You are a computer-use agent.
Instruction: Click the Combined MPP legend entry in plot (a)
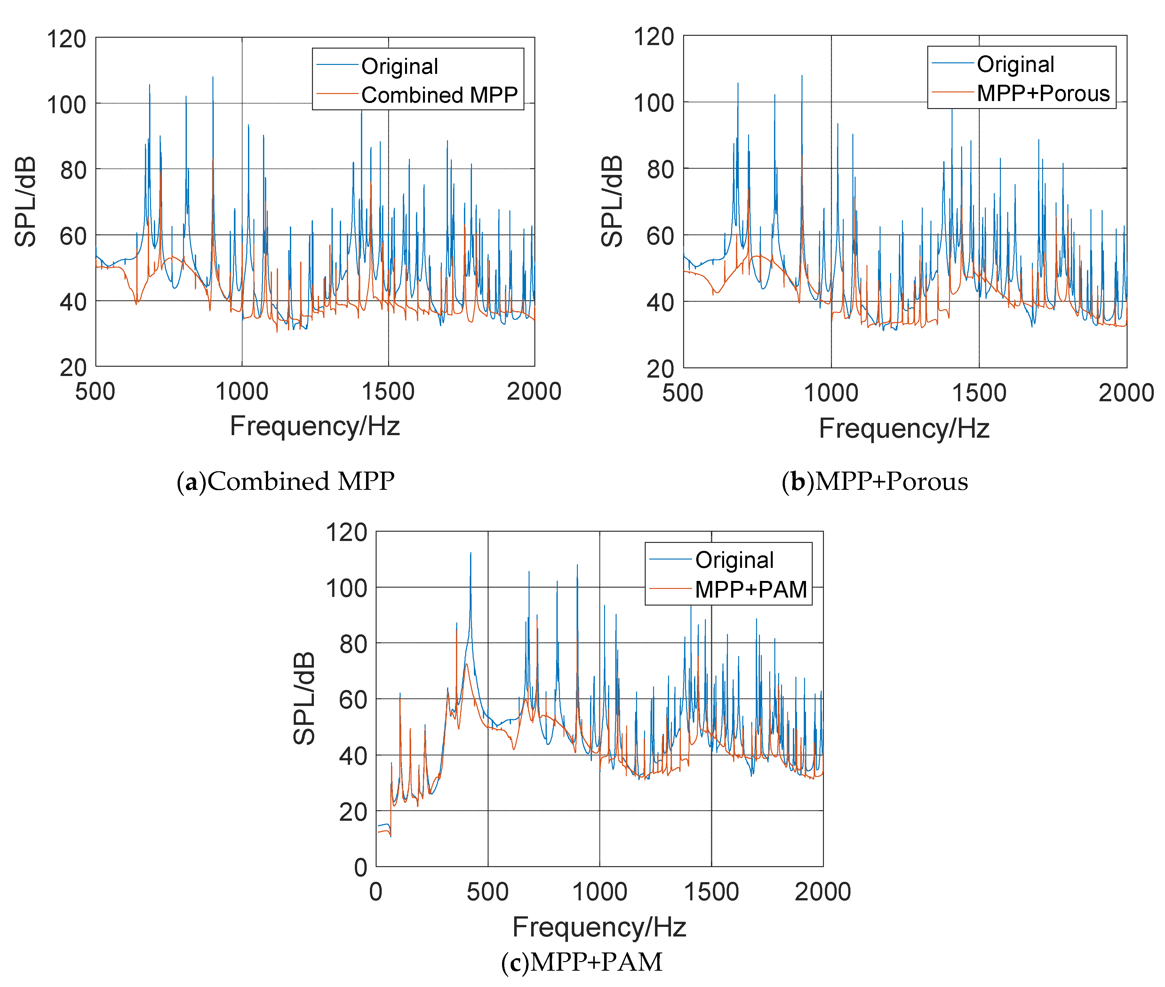pyautogui.click(x=439, y=95)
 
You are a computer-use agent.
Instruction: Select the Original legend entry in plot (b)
pyautogui.click(x=1015, y=64)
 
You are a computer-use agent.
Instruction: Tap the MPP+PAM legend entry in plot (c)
pyautogui.click(x=750, y=589)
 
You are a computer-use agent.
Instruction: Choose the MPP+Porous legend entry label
pyautogui.click(x=1042, y=93)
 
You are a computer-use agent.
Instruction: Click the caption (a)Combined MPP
pyautogui.click(x=285, y=481)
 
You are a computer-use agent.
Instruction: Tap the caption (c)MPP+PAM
pyautogui.click(x=582, y=962)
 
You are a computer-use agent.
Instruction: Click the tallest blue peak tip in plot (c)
pyautogui.click(x=470, y=553)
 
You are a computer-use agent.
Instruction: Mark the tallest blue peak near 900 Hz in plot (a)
pyautogui.click(x=213, y=77)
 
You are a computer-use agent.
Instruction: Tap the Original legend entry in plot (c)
pyautogui.click(x=734, y=560)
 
